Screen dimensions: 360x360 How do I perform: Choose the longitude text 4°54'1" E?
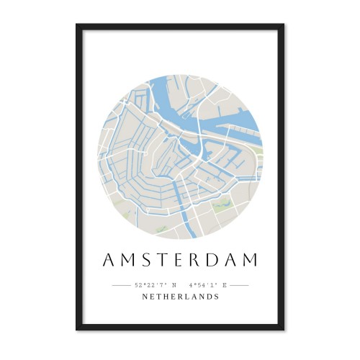point(208,285)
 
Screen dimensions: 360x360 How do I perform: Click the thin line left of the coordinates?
point(121,285)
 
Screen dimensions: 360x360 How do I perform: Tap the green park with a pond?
point(220,205)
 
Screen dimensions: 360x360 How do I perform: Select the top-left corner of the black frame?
point(77,25)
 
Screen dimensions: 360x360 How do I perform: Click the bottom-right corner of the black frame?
point(283,329)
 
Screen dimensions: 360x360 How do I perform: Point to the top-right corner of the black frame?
point(283,25)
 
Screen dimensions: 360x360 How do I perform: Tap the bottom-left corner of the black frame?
point(77,329)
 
